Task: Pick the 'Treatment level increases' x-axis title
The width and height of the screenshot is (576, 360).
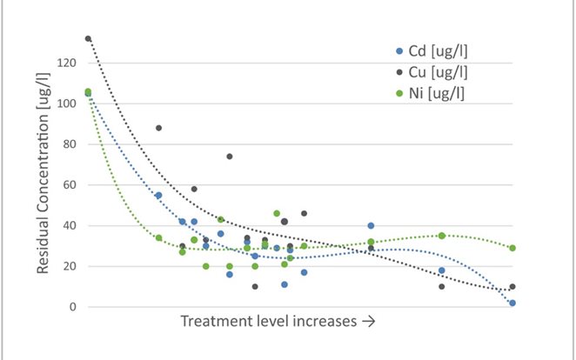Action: pyautogui.click(x=278, y=322)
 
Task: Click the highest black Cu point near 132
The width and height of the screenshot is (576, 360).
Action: pyautogui.click(x=88, y=38)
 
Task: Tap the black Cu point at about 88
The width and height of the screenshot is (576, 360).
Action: pyautogui.click(x=158, y=128)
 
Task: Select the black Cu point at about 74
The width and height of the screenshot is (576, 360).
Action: pyautogui.click(x=230, y=157)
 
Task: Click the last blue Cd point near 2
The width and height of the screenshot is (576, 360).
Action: pyautogui.click(x=512, y=303)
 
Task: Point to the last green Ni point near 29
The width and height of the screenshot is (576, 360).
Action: pyautogui.click(x=512, y=248)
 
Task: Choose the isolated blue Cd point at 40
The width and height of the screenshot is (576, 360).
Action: pyautogui.click(x=371, y=226)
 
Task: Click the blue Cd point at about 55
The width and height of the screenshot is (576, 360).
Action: pyautogui.click(x=158, y=196)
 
